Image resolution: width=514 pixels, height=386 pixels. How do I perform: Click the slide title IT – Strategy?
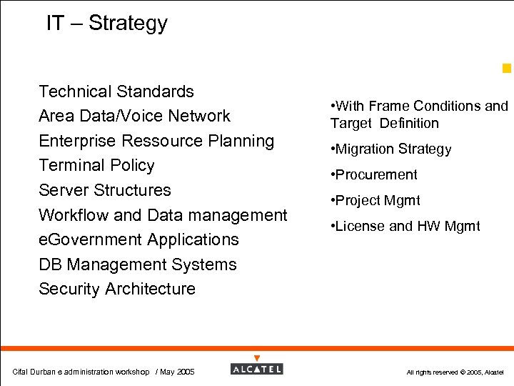106,23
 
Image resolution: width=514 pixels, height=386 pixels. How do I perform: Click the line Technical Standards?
116,91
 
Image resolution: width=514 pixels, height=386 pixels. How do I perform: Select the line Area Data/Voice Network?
134,116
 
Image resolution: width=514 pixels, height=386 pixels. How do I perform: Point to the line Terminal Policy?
96,165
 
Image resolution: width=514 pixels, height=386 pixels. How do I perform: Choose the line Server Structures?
105,190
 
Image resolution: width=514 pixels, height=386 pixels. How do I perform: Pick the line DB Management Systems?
138,264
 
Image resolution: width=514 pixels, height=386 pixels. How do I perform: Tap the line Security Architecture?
117,289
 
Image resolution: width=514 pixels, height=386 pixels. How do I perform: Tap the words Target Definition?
385,123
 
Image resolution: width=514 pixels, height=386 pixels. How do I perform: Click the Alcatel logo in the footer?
257,369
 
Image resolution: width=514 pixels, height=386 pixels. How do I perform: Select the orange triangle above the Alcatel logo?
257,358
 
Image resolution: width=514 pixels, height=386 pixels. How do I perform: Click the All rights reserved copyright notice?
455,372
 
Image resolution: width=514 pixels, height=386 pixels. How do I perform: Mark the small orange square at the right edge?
506,69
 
